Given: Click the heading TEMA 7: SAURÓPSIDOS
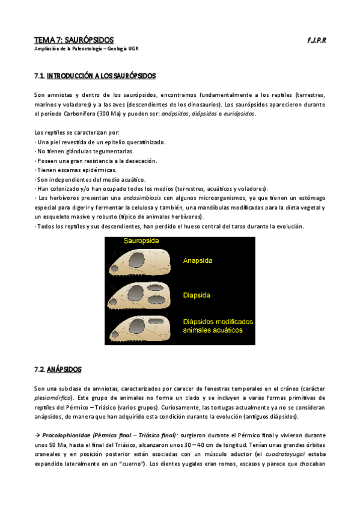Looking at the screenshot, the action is coord(74,40).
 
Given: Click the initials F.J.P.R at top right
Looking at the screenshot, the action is coord(316,40).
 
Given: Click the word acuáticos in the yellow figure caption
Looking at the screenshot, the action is coord(222,330).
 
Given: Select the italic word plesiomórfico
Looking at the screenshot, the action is coord(54,398).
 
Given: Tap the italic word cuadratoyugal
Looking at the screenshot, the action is coord(289,455).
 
